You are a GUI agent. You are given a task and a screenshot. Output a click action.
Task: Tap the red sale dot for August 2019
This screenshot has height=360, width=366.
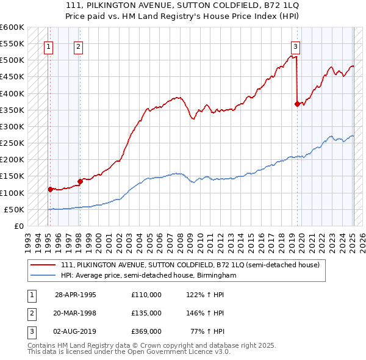pos(297,104)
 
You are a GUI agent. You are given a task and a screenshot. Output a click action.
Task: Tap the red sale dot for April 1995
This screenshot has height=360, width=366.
pos(50,189)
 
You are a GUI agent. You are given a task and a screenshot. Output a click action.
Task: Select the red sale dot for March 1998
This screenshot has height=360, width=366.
pos(80,181)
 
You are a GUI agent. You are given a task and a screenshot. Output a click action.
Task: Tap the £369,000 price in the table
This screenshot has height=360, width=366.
pos(146,331)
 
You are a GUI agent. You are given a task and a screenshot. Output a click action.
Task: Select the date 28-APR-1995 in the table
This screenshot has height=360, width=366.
pos(76,295)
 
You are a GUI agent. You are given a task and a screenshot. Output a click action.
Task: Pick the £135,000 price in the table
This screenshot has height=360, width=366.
pos(146,313)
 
